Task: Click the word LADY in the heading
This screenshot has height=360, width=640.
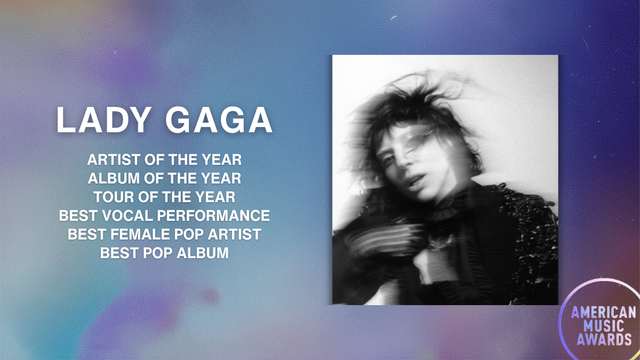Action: tap(103, 120)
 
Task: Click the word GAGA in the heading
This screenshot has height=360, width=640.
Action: tap(219, 120)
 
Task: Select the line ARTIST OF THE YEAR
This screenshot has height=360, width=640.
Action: tap(164, 159)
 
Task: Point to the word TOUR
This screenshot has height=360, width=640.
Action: tap(114, 197)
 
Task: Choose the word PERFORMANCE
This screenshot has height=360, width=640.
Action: tap(213, 215)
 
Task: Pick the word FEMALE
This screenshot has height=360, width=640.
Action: tap(140, 234)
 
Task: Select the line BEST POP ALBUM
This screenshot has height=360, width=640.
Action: tap(164, 253)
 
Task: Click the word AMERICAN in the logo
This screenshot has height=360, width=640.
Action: tap(603, 313)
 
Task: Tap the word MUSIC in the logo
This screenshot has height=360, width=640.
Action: tap(603, 326)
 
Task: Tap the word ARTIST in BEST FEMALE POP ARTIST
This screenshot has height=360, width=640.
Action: tap(234, 234)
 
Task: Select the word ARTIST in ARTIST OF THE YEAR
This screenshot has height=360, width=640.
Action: tap(114, 159)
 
